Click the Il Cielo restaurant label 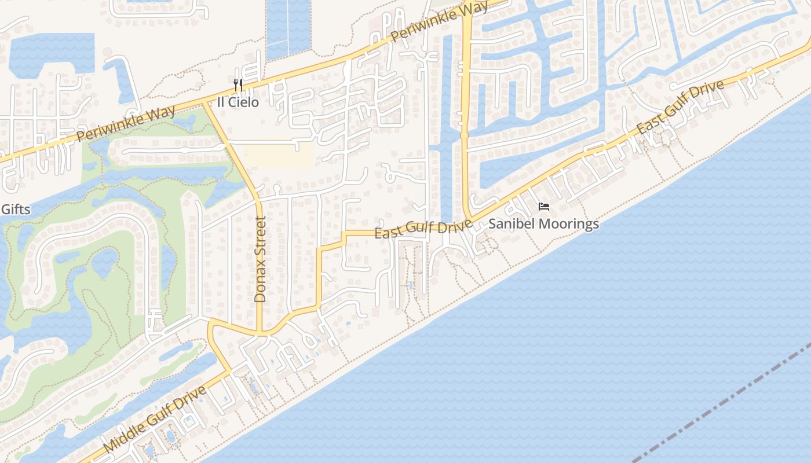click(x=238, y=102)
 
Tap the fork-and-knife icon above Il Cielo click(x=238, y=86)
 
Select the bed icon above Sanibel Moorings click(x=543, y=207)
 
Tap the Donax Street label click(x=260, y=259)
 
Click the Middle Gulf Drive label click(x=155, y=420)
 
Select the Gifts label click(x=16, y=210)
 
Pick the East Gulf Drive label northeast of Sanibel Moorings click(x=681, y=107)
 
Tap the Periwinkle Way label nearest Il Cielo click(x=126, y=124)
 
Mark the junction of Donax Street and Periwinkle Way click(x=204, y=103)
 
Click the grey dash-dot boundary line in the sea click(x=724, y=405)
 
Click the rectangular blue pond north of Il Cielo click(x=288, y=29)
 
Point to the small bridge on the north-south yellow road click(x=464, y=135)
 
